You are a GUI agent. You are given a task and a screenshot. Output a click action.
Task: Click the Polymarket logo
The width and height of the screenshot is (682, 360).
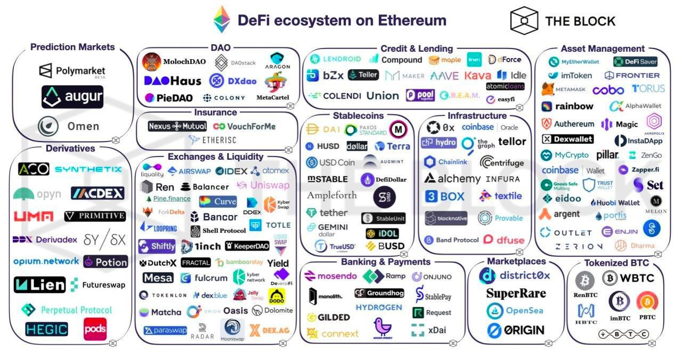click(72, 71)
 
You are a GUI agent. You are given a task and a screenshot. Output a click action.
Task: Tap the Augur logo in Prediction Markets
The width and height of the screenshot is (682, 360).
click(72, 97)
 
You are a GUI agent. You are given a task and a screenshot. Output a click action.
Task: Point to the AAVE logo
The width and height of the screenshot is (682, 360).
click(444, 76)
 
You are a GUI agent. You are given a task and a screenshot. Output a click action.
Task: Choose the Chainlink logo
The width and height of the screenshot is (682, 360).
click(446, 162)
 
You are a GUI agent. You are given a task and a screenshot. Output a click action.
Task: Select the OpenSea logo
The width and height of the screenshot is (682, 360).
click(515, 311)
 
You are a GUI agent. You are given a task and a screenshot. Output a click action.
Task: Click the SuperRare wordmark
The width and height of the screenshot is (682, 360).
click(516, 293)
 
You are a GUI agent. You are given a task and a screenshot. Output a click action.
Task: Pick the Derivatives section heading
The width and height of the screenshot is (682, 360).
click(70, 149)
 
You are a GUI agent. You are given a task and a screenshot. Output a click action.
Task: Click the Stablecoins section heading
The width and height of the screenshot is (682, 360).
click(358, 116)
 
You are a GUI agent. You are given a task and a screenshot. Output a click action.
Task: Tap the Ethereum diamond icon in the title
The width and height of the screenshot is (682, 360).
click(222, 20)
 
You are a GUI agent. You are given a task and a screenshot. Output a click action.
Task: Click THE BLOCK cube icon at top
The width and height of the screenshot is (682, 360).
click(524, 20)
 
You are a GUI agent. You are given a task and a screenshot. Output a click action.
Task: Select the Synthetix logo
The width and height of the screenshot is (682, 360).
click(88, 169)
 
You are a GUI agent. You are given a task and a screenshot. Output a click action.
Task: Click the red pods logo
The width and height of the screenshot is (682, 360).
click(95, 329)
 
